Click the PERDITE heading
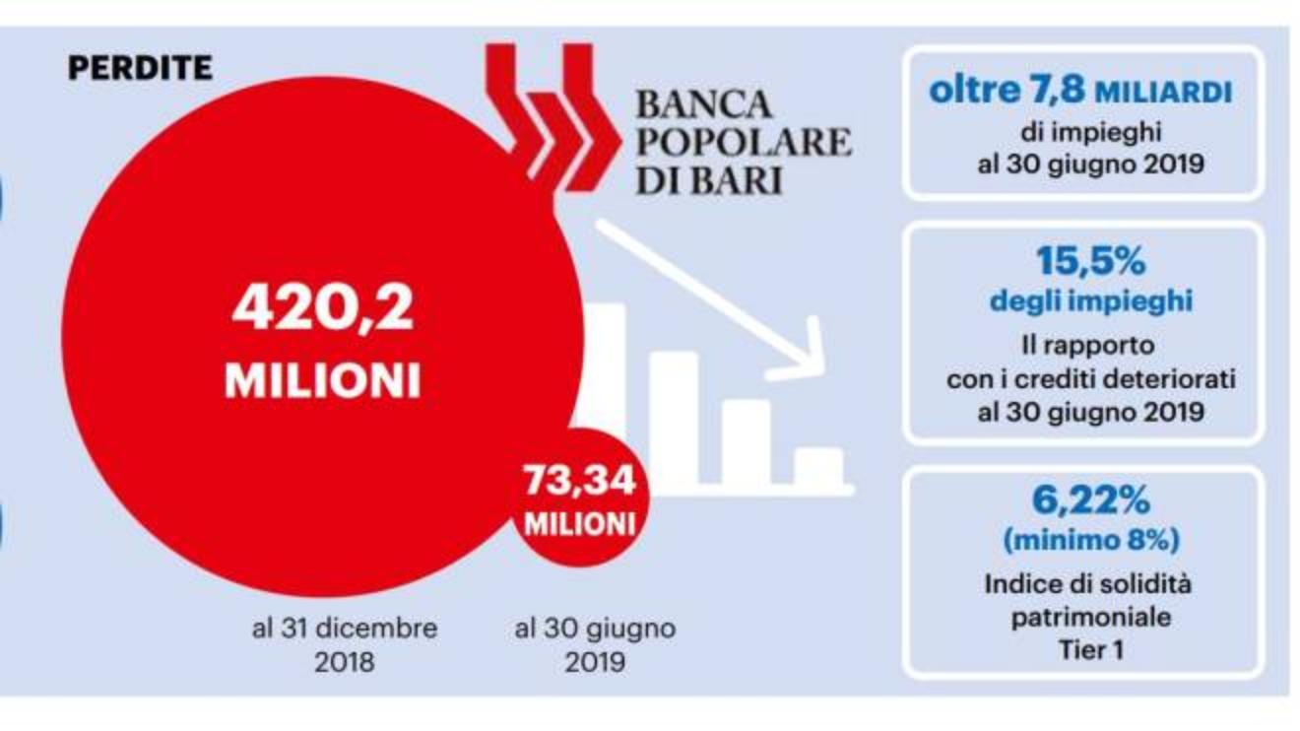(x=139, y=68)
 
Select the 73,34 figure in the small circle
(x=579, y=482)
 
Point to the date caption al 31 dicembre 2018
(x=345, y=644)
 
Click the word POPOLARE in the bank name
(x=744, y=143)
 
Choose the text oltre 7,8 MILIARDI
(x=1081, y=92)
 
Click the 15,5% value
(x=1090, y=262)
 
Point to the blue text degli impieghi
(x=1090, y=300)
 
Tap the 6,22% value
(x=1090, y=501)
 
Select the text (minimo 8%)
(x=1090, y=540)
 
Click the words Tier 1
(x=1090, y=649)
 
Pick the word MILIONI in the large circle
(x=323, y=379)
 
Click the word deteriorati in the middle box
(x=1177, y=379)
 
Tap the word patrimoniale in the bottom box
(x=1090, y=617)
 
